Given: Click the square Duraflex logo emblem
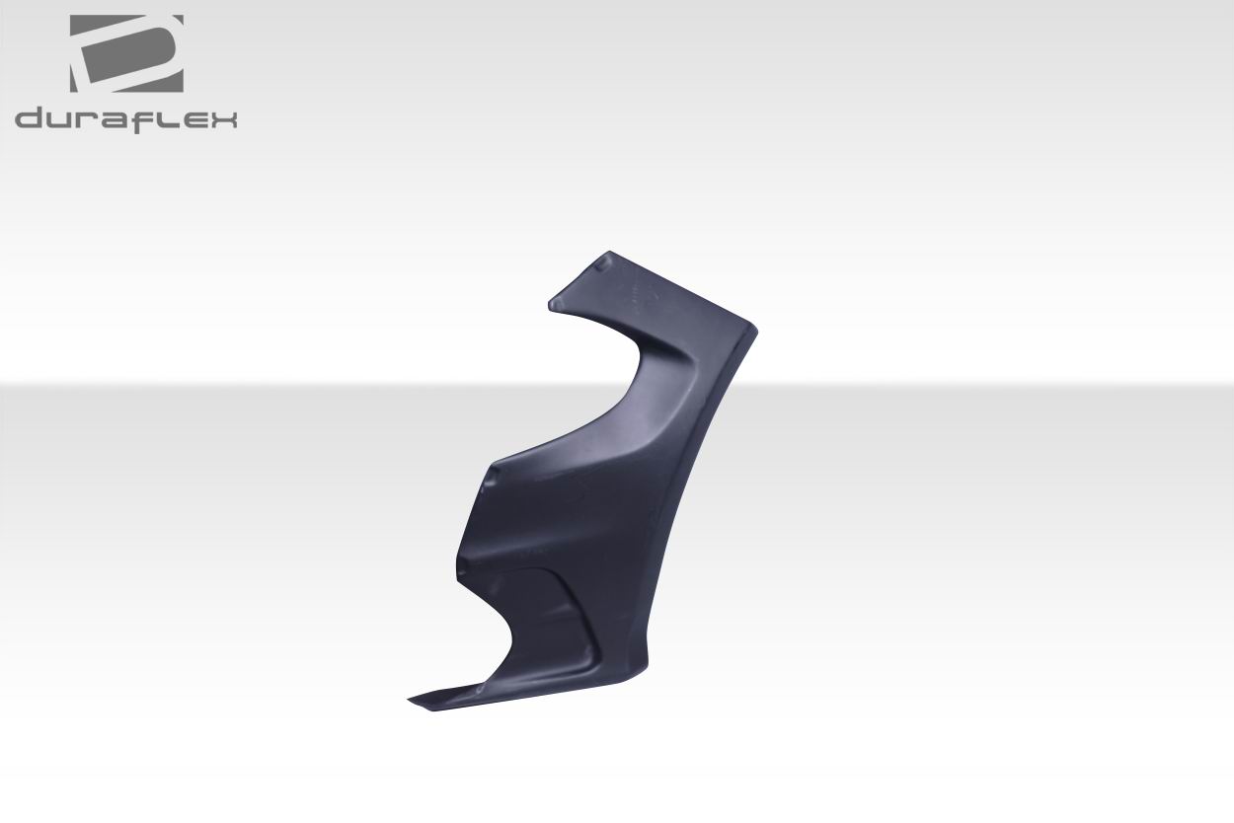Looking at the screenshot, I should pos(126,53).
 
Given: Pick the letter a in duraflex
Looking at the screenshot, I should pos(117,120).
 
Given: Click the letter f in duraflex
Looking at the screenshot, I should pos(146,118).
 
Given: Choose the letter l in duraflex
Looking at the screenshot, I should pos(165,118).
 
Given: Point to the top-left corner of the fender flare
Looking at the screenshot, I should pos(551,302).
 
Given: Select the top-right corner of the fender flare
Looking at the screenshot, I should pos(758,328).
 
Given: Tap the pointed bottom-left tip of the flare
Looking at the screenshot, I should pos(410,701).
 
